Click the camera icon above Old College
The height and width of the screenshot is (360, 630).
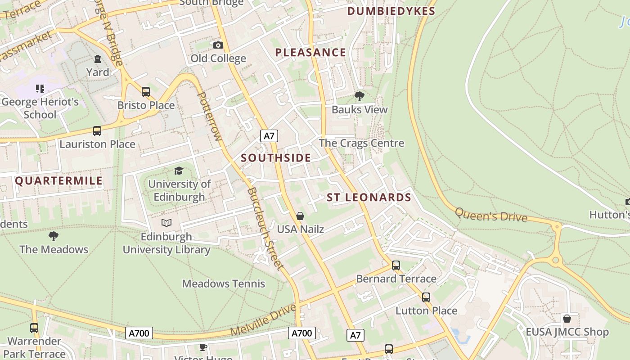coord(218,45)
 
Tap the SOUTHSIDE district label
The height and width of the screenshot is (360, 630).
coord(276,158)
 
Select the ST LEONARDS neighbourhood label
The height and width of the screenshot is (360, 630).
coord(369,198)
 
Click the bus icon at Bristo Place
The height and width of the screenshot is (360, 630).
coord(146,92)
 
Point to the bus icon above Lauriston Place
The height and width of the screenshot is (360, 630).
coord(97,131)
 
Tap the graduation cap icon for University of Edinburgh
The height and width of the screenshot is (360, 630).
coord(179,171)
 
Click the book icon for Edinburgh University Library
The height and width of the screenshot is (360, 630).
coord(166,223)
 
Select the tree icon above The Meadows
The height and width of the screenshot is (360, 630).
coord(54,236)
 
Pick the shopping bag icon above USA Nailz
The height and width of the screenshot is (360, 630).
coord(300,216)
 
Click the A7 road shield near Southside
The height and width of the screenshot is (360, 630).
coord(269,136)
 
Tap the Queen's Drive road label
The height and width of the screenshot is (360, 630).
coord(491,215)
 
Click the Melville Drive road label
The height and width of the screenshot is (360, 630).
coord(264,320)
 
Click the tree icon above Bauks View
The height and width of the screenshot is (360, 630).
coord(359,96)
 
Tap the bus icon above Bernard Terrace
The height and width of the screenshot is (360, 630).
coord(396,265)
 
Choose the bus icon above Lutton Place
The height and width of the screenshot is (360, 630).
coord(426,297)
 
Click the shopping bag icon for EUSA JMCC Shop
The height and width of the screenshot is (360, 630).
coord(567,319)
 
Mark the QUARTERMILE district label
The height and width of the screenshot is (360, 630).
coord(59,181)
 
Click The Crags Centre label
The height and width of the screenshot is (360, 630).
coord(361,143)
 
